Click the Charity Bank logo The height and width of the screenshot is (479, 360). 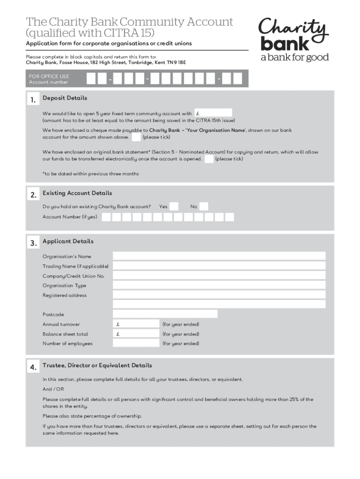point(294,40)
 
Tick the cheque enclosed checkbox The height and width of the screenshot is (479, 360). point(136,137)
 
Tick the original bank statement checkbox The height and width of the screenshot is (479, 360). point(209,159)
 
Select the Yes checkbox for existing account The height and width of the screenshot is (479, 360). point(173,206)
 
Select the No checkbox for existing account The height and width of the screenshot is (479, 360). point(204,206)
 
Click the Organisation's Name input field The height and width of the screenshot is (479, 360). point(219,256)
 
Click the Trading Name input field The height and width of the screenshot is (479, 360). point(219,266)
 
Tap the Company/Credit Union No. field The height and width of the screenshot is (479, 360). point(219,276)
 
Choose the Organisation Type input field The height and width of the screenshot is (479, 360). point(219,285)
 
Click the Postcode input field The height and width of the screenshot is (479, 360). point(165,314)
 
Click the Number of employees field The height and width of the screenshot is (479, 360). point(136,343)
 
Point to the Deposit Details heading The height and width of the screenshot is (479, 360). point(65,98)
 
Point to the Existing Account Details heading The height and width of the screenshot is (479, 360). point(77,193)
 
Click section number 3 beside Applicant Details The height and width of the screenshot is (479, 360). point(33,243)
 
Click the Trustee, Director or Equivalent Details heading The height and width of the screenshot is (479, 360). point(97,365)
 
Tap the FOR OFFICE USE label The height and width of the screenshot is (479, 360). point(49,76)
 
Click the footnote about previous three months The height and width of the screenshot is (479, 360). point(90,174)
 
